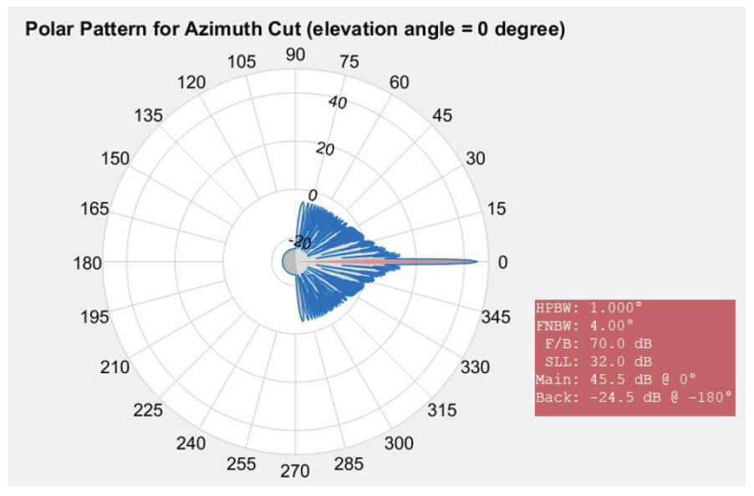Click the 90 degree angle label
(295, 54)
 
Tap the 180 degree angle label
(86, 263)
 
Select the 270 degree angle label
(295, 472)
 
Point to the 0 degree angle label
(502, 263)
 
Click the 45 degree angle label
(442, 115)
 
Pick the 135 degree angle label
(148, 115)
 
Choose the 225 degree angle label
(148, 411)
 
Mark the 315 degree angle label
(442, 411)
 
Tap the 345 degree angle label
(497, 317)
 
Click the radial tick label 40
(339, 103)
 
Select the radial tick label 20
(324, 149)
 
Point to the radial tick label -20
(298, 242)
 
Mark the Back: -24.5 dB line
(634, 397)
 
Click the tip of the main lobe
(477, 262)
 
